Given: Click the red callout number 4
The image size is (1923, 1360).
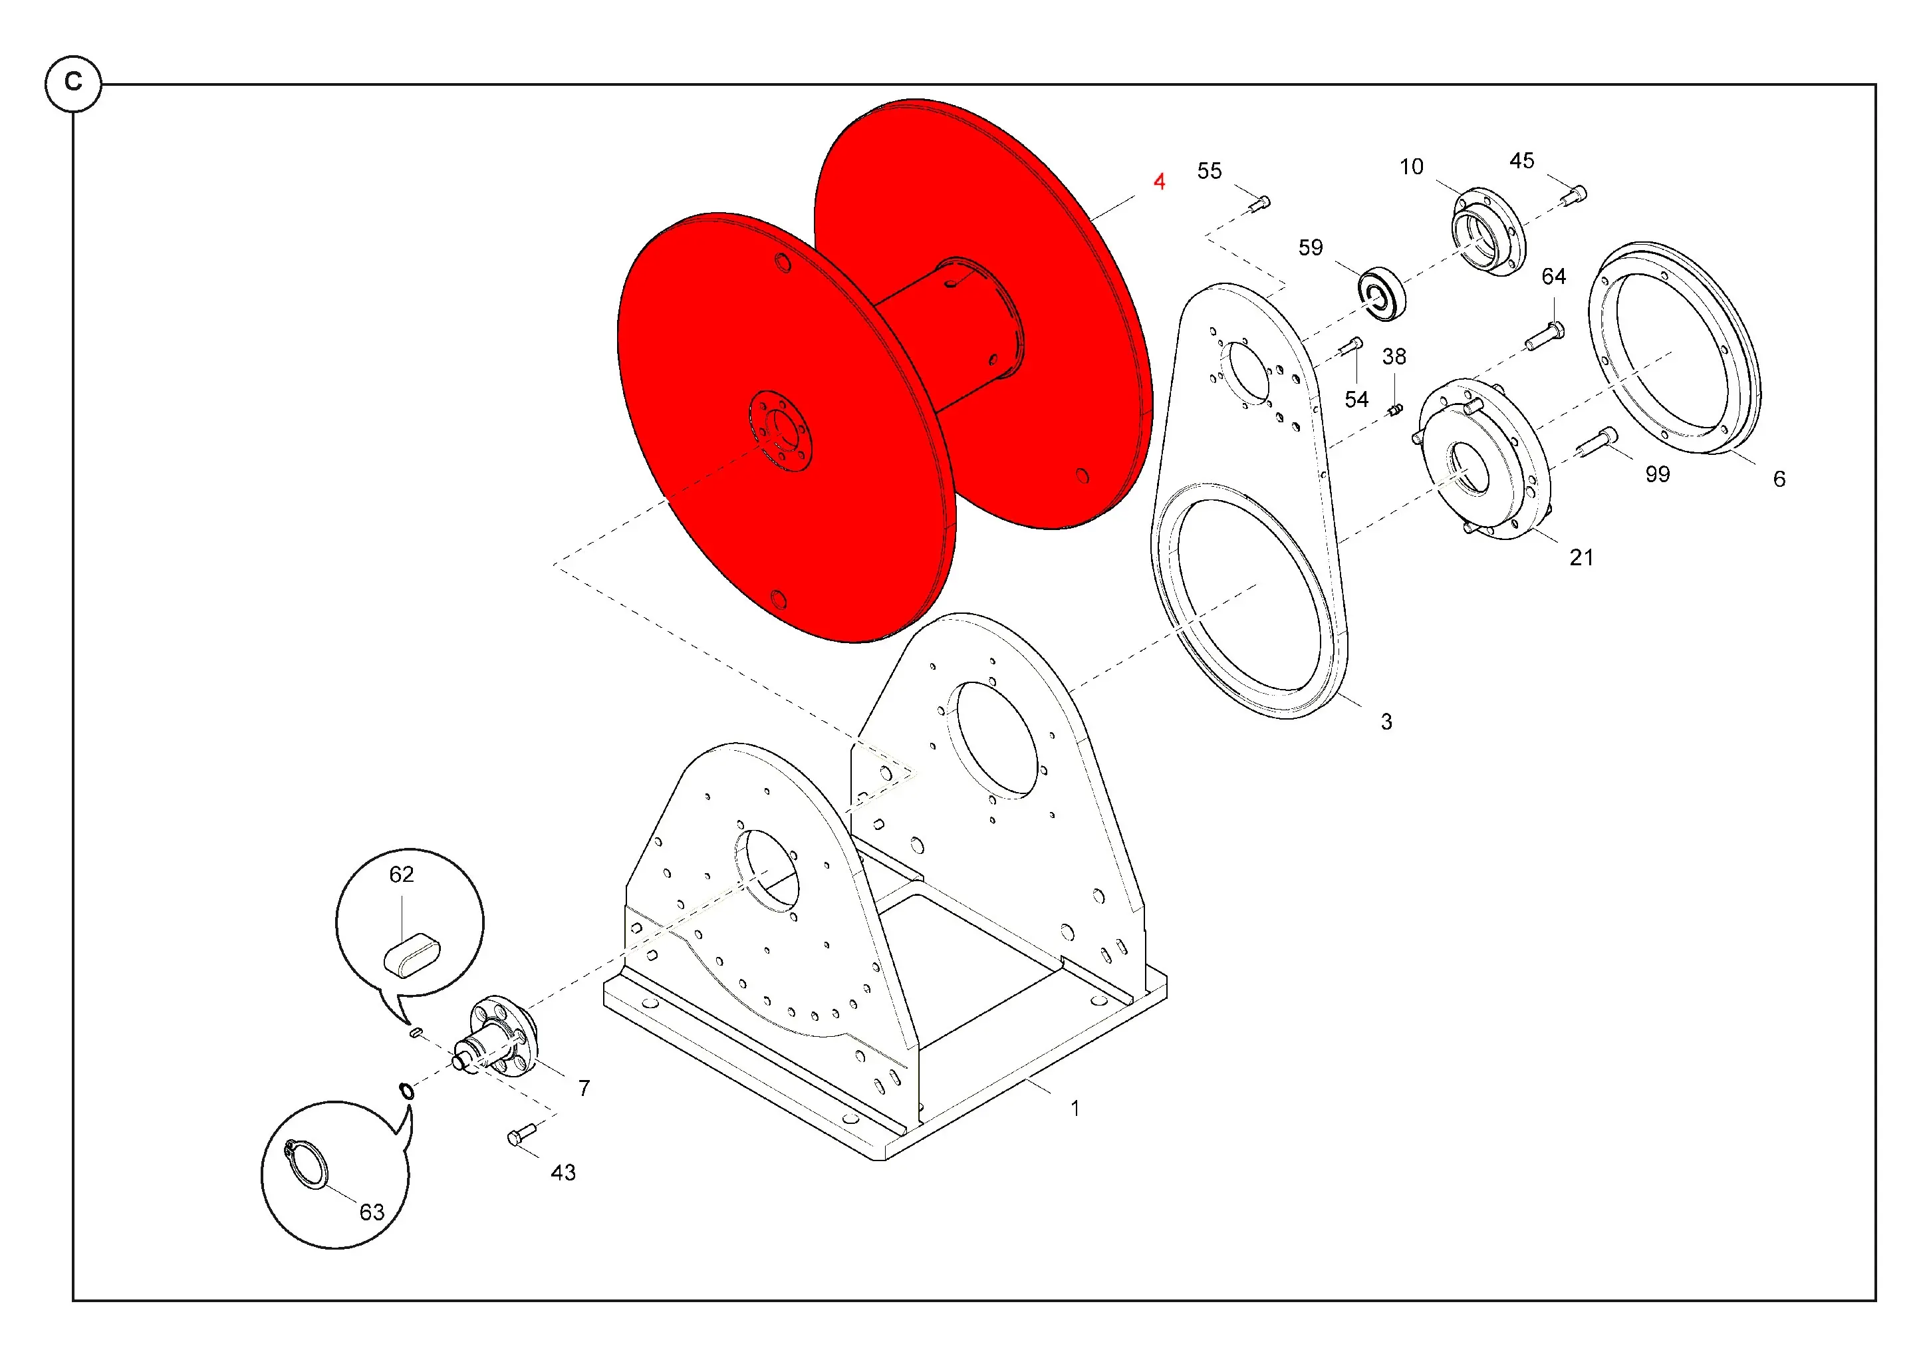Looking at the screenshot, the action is [x=1159, y=182].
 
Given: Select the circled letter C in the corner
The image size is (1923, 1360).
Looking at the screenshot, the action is [x=74, y=83].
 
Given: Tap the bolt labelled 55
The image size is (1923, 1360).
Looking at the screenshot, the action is [x=1259, y=203].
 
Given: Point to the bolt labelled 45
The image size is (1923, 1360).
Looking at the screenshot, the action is [x=1574, y=195].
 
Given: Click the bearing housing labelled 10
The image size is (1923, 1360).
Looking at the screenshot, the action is [x=1488, y=232].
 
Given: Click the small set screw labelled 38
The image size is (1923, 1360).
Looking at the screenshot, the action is [x=1394, y=410].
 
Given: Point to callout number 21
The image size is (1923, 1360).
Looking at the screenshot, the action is [x=1581, y=558].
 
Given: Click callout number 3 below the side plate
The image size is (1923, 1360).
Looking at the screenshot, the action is [x=1386, y=722].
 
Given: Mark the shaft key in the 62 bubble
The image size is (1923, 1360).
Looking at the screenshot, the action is [x=411, y=955].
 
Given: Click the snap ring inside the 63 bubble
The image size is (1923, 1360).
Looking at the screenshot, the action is [x=307, y=1164].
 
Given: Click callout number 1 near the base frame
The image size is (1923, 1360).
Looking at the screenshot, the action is [x=1075, y=1109].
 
